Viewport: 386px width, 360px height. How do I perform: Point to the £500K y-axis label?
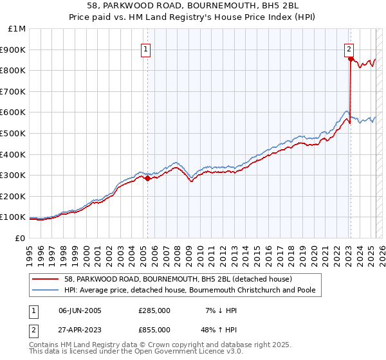[14, 133]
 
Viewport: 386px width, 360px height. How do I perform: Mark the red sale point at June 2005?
[147, 179]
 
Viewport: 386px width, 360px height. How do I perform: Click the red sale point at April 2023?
[351, 59]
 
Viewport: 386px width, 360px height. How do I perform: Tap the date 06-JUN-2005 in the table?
[80, 310]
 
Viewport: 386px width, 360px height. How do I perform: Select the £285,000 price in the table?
[154, 310]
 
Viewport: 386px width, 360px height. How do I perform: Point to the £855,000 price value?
[154, 329]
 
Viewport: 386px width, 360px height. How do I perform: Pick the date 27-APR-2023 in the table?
[80, 329]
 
